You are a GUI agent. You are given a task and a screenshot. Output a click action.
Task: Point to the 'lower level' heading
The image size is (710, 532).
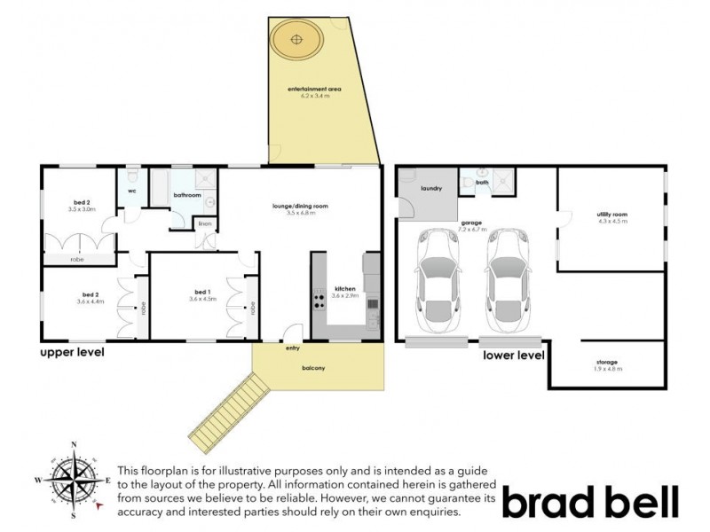(x=513, y=356)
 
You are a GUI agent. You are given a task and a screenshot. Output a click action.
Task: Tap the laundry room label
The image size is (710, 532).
(x=432, y=188)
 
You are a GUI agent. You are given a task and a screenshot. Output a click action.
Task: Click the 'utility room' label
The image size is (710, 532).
(x=612, y=214)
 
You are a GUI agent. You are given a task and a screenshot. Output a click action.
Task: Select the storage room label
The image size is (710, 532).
(x=607, y=362)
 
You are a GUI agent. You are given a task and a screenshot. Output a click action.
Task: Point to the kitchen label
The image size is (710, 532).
(x=344, y=289)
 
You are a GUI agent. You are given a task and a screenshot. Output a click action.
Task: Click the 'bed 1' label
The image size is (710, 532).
(x=202, y=292)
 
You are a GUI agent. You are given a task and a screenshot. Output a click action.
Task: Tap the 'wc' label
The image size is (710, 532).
(x=131, y=191)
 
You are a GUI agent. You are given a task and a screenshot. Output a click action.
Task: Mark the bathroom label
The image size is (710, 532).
(x=187, y=195)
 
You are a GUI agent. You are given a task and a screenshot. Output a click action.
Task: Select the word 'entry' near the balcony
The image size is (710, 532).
(x=293, y=348)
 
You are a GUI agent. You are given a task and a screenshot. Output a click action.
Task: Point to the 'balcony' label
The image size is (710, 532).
(x=313, y=368)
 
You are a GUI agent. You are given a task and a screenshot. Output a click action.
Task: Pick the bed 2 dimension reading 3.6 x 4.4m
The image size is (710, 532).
(x=91, y=302)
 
